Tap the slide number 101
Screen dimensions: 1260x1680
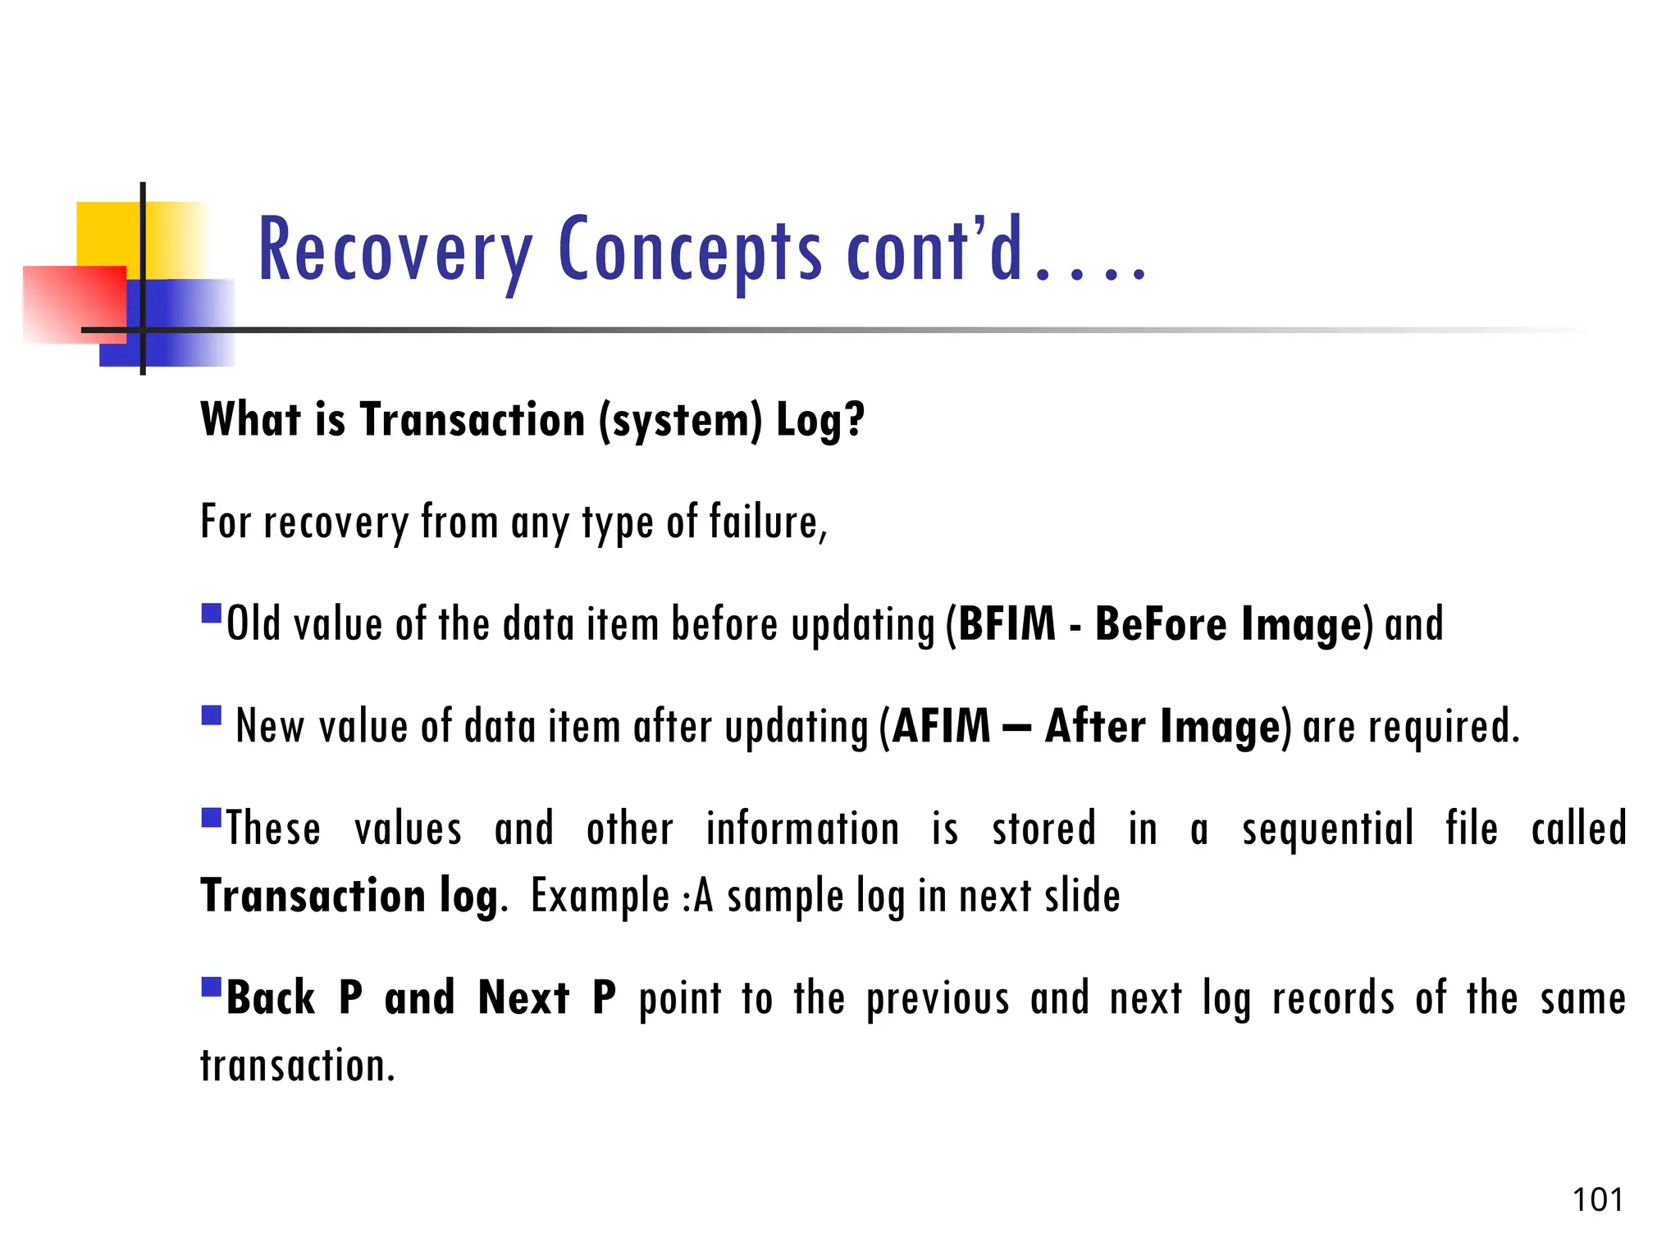coord(1597,1199)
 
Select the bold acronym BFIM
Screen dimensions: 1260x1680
coord(1007,624)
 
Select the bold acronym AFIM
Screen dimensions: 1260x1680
coord(942,727)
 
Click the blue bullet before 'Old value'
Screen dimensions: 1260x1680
coord(212,613)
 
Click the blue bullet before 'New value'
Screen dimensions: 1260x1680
coord(212,715)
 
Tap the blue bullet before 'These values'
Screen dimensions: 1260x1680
coord(212,818)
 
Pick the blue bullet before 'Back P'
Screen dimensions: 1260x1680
coord(212,986)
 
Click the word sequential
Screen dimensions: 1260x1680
coord(1327,829)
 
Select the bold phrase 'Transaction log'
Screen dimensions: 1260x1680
coord(349,896)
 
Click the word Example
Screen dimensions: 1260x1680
coord(600,896)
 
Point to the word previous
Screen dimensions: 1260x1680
coord(938,999)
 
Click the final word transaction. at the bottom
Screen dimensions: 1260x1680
coord(298,1066)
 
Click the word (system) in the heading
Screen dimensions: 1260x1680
coord(680,420)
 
